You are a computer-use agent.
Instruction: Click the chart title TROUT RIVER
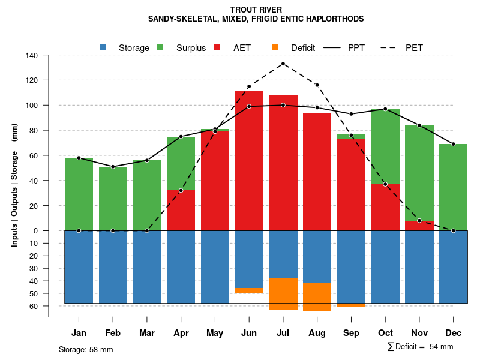tap(256, 10)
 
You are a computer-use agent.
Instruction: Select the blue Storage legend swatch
tap(103, 47)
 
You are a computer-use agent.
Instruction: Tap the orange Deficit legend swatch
tap(275, 47)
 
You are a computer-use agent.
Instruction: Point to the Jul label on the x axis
tap(283, 333)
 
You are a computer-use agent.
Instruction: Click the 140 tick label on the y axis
tap(32, 55)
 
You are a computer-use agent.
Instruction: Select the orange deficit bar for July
tap(283, 293)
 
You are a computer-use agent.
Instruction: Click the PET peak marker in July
tap(283, 64)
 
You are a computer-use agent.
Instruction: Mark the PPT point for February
tap(113, 166)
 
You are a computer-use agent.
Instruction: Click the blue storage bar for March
tap(147, 267)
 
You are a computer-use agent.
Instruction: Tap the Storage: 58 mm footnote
tap(86, 349)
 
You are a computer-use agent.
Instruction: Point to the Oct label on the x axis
tap(385, 333)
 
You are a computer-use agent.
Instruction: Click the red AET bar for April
tap(181, 210)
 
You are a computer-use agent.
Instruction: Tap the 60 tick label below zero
tap(34, 306)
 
